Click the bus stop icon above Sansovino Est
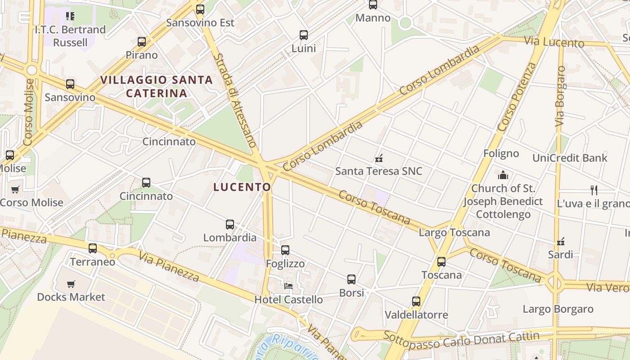pos(200,9)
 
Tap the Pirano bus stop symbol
pos(142,42)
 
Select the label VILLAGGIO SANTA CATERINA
pos(157,86)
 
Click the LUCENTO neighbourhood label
pos(242,187)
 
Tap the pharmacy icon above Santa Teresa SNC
pos(379,158)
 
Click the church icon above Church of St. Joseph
pos(503,175)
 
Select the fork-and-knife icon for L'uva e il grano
pos(594,190)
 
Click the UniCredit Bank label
pos(570,158)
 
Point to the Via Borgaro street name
pos(560,96)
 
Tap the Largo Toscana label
pos(454,233)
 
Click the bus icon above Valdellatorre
pos(416,301)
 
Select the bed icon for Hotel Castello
pos(288,286)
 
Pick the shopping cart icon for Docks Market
pos(71,284)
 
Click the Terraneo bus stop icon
pos(93,248)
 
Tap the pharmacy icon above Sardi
pos(561,242)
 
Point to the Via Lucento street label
pos(554,42)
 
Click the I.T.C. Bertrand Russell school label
pos(70,36)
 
